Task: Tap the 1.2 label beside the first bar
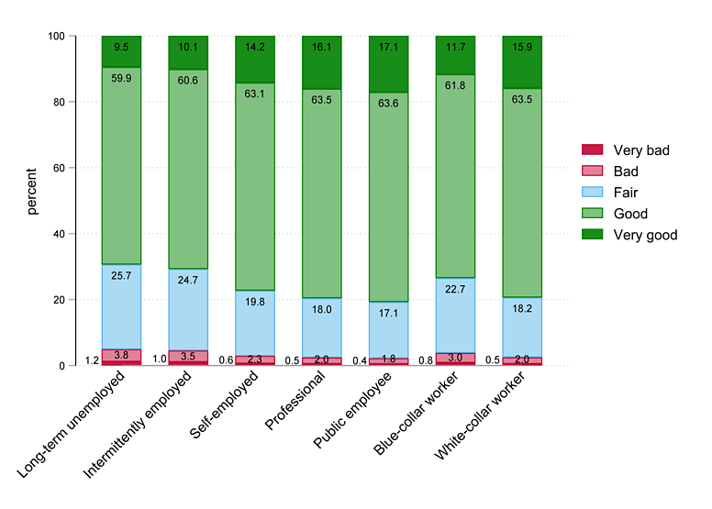(92, 360)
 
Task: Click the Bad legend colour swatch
(593, 171)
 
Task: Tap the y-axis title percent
(32, 191)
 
